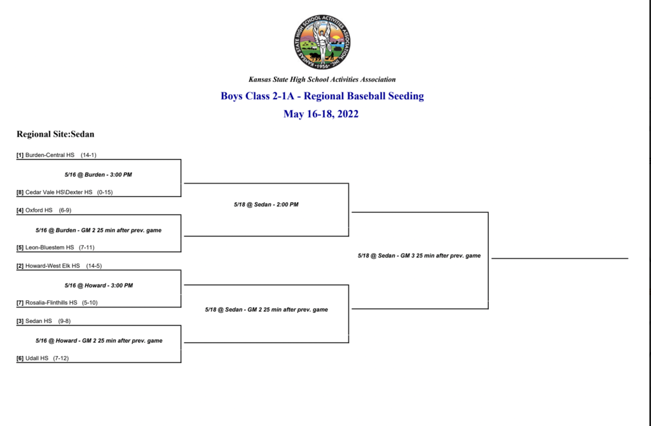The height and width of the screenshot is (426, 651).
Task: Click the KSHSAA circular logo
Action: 322,42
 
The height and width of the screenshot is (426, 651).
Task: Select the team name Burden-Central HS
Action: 50,155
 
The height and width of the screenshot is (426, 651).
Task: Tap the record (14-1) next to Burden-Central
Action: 88,155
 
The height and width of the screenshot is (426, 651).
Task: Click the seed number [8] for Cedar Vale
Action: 20,192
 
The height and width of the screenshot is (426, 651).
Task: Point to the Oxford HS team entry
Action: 39,210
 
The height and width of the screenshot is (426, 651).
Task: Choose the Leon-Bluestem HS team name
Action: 50,247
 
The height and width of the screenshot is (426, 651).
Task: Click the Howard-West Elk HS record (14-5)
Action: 94,266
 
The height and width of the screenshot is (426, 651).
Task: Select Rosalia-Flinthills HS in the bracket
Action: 51,303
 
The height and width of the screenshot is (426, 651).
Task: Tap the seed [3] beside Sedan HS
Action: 20,321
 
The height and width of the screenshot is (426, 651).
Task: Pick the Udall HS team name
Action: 37,359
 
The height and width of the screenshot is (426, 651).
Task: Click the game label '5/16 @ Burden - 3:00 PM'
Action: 99,175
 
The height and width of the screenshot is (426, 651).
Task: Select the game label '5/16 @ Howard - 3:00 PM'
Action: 99,285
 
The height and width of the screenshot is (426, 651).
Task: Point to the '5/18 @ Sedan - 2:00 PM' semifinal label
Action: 266,205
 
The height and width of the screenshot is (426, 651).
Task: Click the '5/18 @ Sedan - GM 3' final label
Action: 420,256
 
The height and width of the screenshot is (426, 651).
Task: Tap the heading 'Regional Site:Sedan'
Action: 55,134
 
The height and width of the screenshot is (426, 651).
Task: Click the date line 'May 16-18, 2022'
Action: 321,114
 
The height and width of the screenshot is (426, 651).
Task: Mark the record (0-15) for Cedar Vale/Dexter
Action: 105,192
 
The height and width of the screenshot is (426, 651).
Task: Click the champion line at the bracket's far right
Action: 559,258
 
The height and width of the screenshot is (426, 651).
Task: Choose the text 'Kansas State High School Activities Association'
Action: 322,79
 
